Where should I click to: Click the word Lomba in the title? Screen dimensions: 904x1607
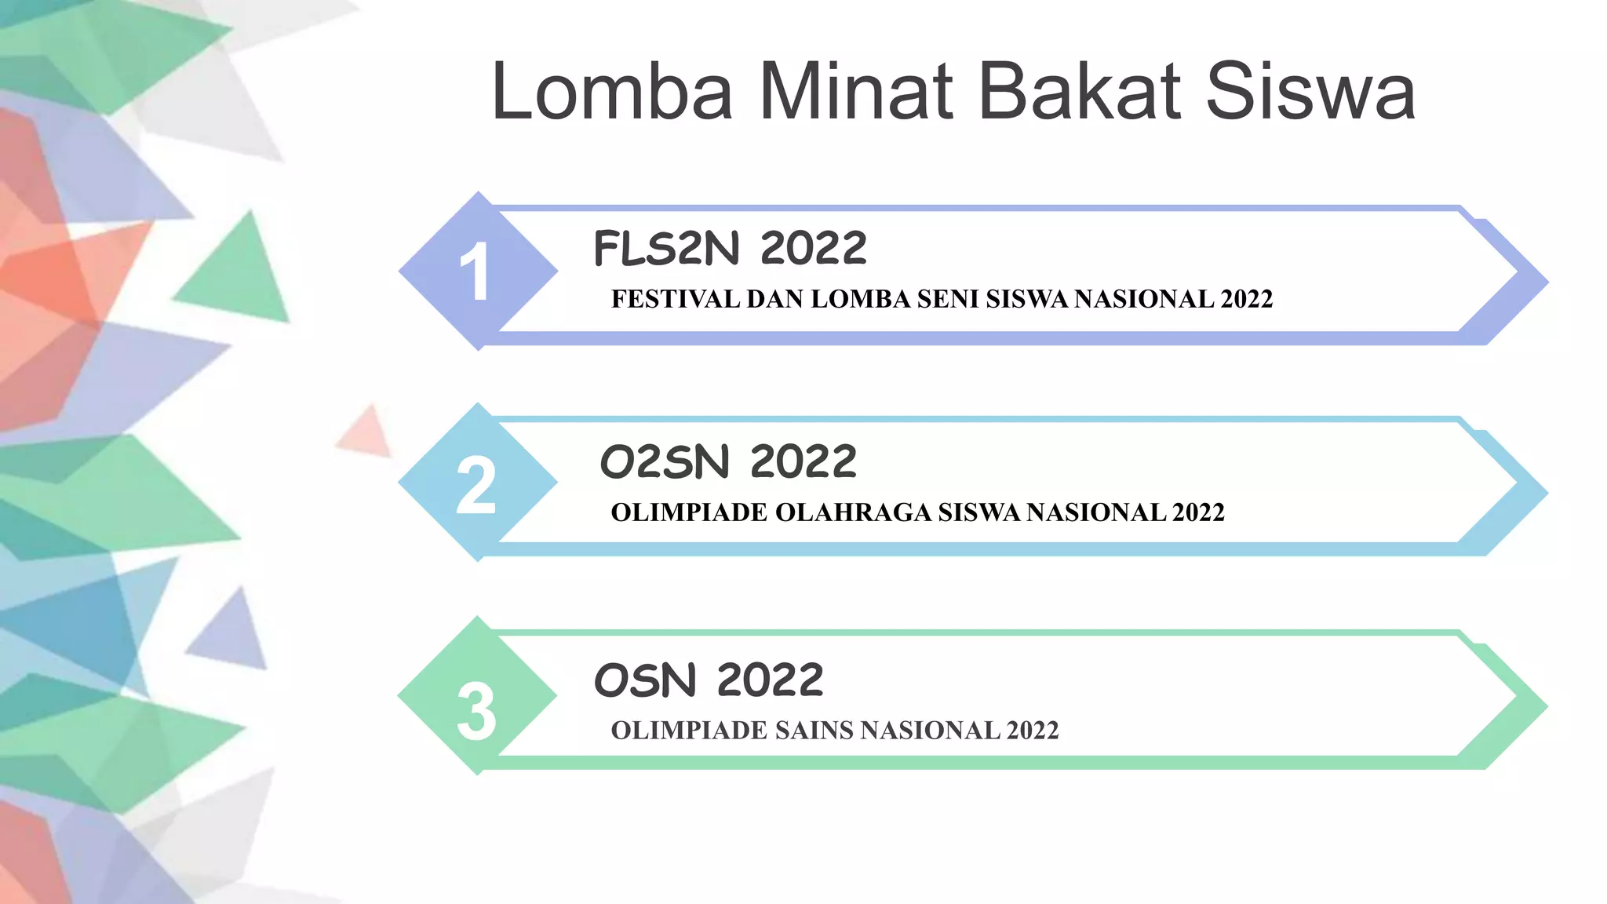pos(612,92)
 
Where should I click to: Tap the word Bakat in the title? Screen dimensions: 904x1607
pos(1080,92)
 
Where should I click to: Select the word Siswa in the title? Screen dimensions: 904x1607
pos(1310,92)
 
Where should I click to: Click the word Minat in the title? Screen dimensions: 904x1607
pos(856,92)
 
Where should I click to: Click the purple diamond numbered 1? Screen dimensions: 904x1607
pos(476,271)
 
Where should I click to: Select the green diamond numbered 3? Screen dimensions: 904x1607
pos(476,697)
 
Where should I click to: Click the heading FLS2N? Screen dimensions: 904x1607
pos(666,249)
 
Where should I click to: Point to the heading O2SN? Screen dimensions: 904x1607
pos(665,461)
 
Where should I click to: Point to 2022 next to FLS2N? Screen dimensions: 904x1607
pos(813,249)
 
